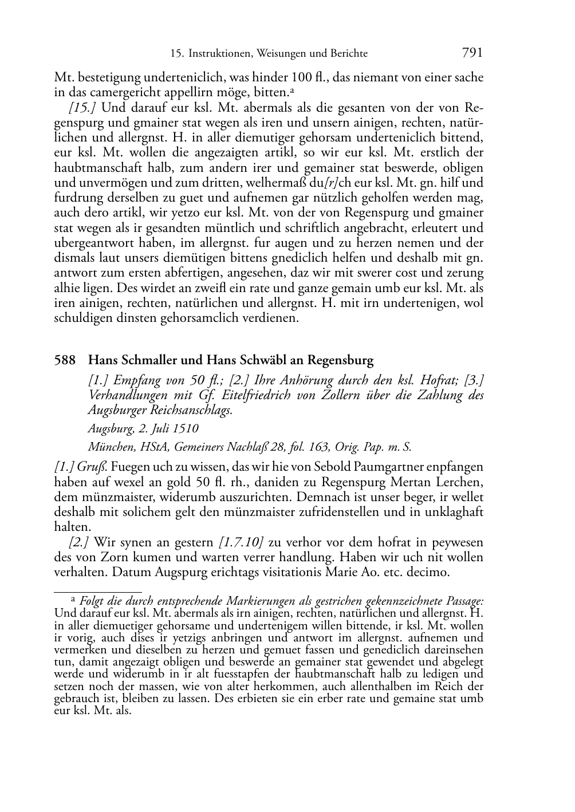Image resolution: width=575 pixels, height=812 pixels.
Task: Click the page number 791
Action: [472, 53]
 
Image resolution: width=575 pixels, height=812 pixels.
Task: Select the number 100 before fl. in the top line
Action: [302, 77]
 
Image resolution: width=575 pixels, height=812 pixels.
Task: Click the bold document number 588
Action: [65, 360]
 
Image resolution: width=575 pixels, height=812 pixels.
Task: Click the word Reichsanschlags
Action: [192, 410]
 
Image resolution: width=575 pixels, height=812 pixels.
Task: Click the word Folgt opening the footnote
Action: [93, 601]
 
